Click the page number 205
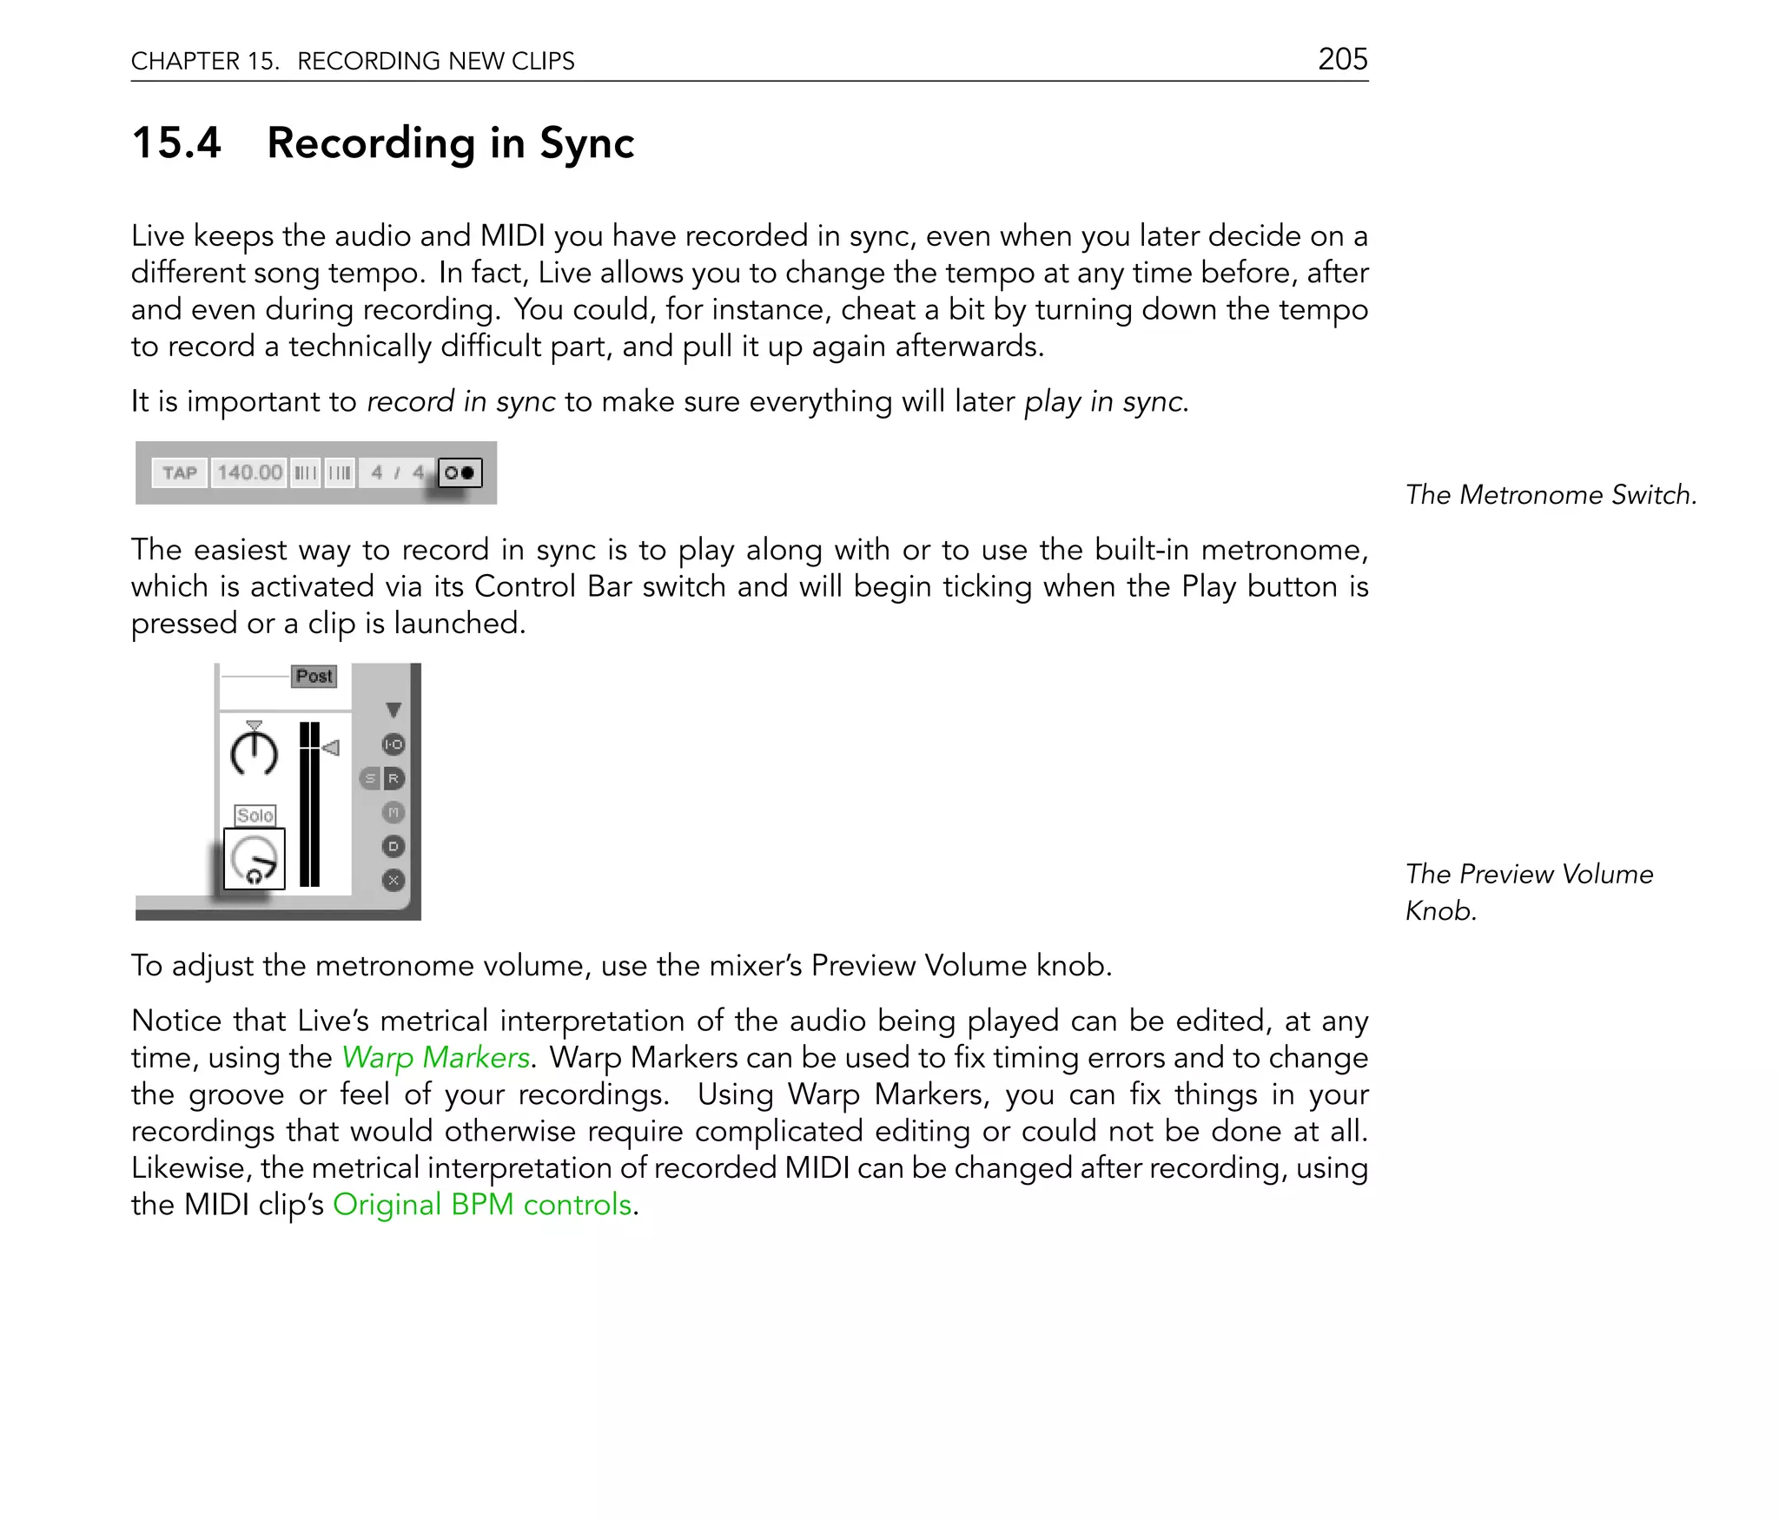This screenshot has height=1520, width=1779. (x=1342, y=59)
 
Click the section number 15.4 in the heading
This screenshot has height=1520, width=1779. (x=176, y=142)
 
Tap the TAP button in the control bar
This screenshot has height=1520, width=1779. (x=180, y=473)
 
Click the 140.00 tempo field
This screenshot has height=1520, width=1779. (x=249, y=473)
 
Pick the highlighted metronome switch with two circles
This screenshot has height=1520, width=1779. (x=460, y=473)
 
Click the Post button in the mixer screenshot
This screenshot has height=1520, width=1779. (x=314, y=676)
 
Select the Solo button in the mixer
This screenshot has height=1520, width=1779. (x=255, y=815)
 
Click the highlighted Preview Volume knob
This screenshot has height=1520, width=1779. (x=255, y=859)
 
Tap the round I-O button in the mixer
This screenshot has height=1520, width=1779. (x=393, y=744)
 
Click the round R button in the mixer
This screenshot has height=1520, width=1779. (x=393, y=778)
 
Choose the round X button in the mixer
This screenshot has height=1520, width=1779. (x=393, y=880)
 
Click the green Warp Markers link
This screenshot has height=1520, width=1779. (x=435, y=1057)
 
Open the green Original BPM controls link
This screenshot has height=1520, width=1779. (x=482, y=1205)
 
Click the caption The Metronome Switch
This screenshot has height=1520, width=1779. (x=1551, y=494)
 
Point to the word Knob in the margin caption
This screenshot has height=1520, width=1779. (x=1440, y=910)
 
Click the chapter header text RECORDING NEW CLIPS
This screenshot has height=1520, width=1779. (x=435, y=61)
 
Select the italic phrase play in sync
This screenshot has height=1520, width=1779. (x=1104, y=401)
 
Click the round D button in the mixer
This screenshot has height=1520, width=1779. (x=393, y=846)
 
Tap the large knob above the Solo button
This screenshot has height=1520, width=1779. (x=255, y=751)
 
